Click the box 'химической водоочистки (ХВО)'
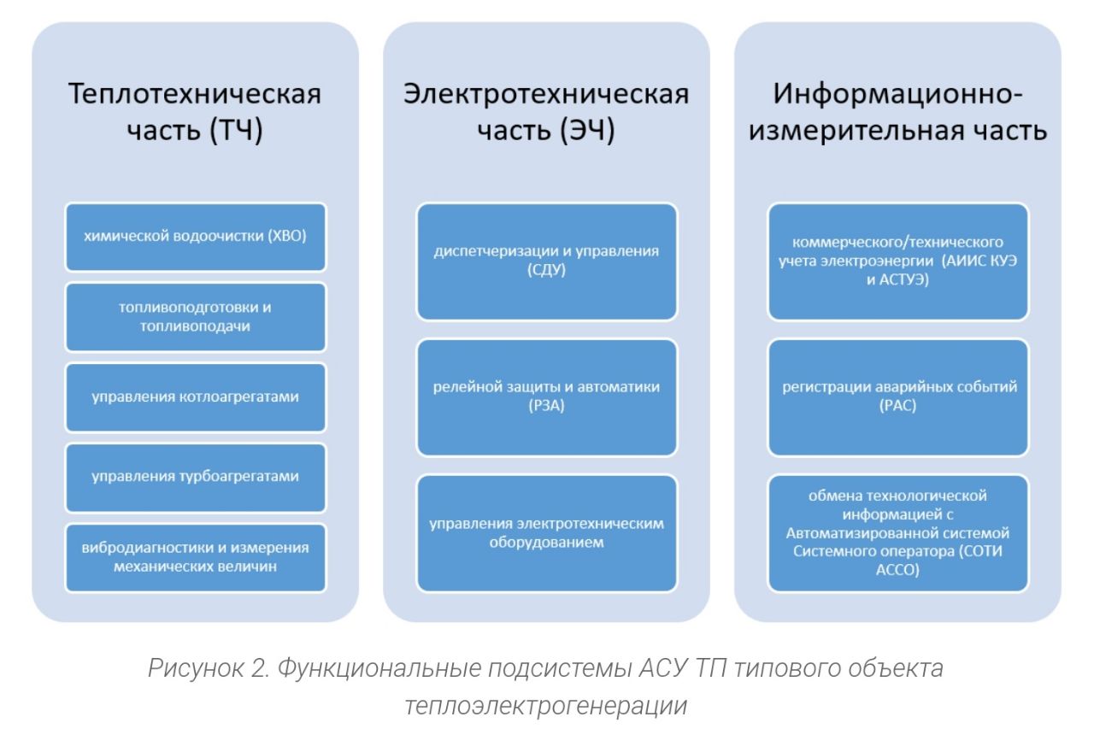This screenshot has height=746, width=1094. click(x=196, y=237)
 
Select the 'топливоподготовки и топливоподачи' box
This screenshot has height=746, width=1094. click(x=196, y=317)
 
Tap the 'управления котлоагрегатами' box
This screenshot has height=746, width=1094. click(x=196, y=396)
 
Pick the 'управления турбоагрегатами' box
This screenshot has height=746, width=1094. click(x=196, y=477)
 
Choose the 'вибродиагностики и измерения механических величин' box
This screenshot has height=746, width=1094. click(x=196, y=557)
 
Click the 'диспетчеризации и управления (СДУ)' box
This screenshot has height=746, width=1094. click(x=546, y=261)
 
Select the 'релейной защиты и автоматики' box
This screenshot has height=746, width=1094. click(x=546, y=396)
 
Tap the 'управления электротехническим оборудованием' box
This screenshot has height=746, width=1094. click(x=546, y=533)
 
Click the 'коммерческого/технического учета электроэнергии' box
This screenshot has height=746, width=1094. click(x=897, y=261)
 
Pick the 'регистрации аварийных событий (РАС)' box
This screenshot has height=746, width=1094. click(x=897, y=396)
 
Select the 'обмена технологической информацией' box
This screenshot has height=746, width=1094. click(x=897, y=533)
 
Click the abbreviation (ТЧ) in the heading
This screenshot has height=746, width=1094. click(x=237, y=131)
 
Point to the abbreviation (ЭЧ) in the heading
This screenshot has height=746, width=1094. click(x=587, y=131)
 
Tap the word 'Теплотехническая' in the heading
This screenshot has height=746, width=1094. click(x=195, y=93)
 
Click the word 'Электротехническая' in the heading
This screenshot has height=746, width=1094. click(x=546, y=93)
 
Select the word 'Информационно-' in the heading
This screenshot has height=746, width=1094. click(x=897, y=93)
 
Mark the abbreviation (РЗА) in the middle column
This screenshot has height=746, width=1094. click(x=546, y=405)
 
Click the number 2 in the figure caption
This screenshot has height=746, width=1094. click(x=260, y=668)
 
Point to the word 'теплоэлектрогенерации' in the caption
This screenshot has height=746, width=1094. click(x=546, y=706)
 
